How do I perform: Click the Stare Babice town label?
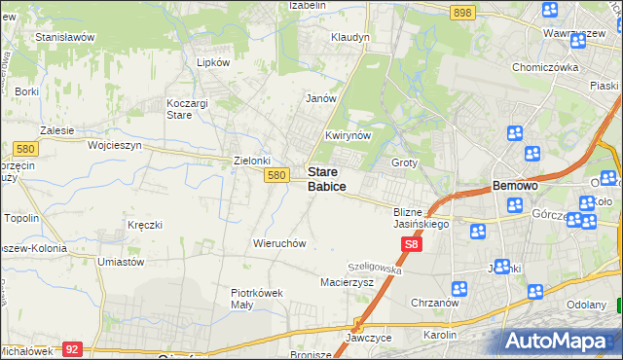point(328,178)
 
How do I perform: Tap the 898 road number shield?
point(462,13)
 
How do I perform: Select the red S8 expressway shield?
point(412,248)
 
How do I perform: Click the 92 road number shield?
point(71,347)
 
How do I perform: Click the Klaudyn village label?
point(350,38)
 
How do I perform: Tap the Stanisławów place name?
point(64,37)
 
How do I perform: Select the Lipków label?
point(212,62)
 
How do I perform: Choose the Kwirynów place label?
point(348,136)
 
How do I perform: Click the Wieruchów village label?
point(279,242)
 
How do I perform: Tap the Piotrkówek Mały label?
point(256,299)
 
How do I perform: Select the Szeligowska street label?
point(375,267)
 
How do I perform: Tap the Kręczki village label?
point(143,225)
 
